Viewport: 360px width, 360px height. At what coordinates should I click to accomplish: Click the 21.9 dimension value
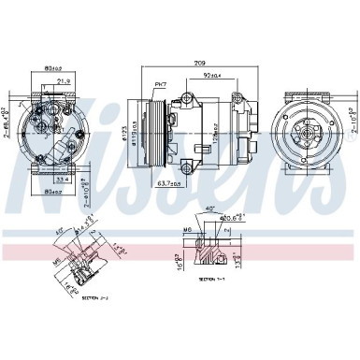[x=64, y=81]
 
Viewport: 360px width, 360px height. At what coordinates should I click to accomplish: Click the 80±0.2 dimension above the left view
[x=52, y=67]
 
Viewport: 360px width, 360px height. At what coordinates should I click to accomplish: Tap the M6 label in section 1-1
[x=187, y=229]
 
